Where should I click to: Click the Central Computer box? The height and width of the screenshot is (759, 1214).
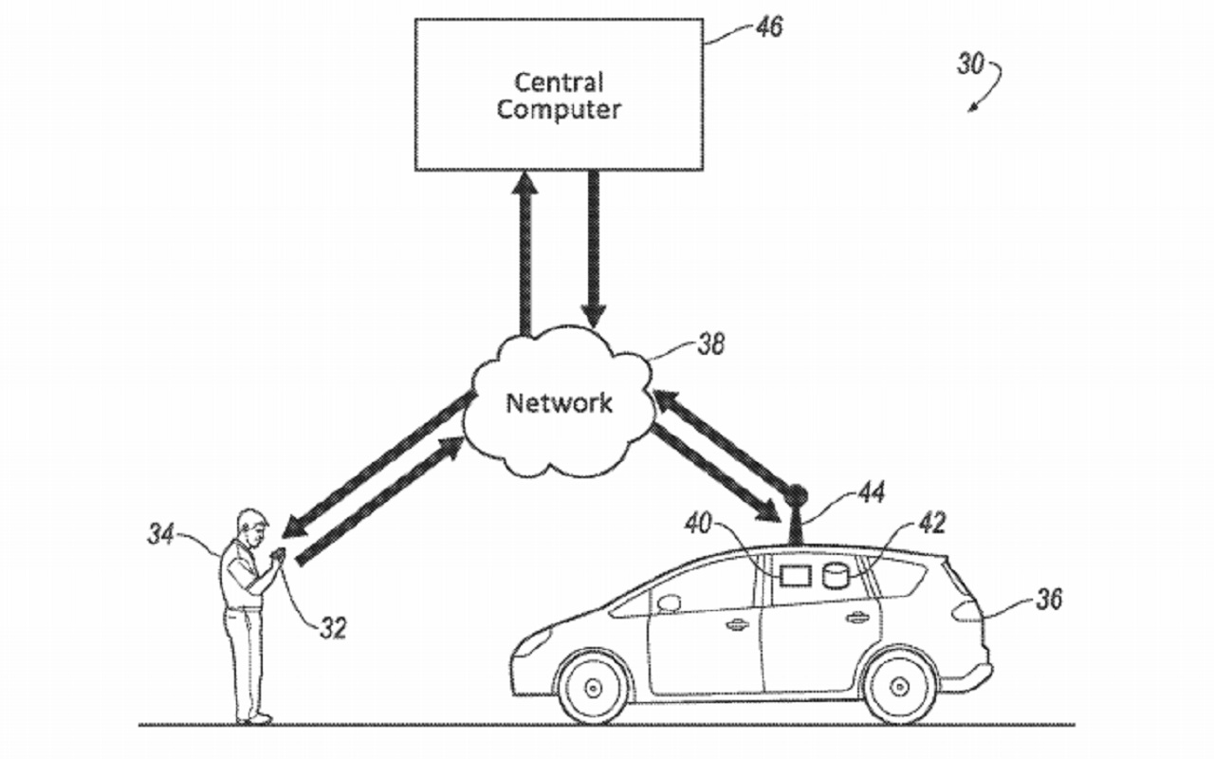coord(559,95)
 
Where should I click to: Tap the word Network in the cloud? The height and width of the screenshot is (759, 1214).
coord(559,402)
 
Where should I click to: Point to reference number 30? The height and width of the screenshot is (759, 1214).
coord(969,65)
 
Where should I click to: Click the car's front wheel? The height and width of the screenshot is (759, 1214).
coord(593,685)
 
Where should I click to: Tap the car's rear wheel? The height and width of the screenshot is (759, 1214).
coord(899,685)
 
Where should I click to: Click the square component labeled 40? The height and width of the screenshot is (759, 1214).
coord(792,576)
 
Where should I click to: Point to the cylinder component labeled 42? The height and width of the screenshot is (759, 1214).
coord(835,576)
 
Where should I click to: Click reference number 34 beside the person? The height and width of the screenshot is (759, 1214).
coord(161,535)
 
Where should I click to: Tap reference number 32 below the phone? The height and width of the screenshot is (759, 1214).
coord(332,627)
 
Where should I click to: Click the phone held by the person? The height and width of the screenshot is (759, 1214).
coord(279,555)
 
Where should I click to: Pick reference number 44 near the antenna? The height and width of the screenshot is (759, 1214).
coord(871,491)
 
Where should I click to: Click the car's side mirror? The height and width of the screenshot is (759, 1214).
coord(669,602)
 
